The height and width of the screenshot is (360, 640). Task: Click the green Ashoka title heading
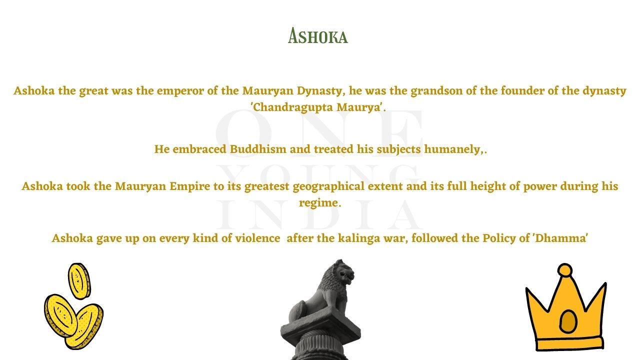click(x=317, y=36)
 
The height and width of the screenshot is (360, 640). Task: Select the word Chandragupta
click(x=293, y=107)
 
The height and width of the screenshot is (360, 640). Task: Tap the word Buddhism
click(x=258, y=149)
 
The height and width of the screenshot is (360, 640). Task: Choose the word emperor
click(x=180, y=91)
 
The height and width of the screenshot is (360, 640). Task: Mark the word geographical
click(x=328, y=186)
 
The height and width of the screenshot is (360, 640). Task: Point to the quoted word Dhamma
click(x=560, y=238)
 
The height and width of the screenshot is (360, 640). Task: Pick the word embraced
click(x=199, y=149)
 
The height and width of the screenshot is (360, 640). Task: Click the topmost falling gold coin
click(x=79, y=281)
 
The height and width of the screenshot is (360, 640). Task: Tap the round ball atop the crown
click(x=565, y=270)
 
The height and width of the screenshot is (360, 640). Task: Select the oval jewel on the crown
click(x=567, y=321)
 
